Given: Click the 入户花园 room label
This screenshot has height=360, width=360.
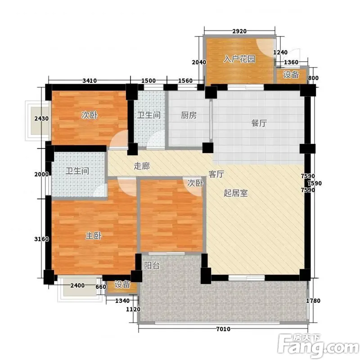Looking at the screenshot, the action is point(239,59).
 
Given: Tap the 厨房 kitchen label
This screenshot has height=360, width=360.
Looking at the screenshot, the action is point(189,115).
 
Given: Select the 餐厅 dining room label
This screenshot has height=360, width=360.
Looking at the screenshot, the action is point(259,123).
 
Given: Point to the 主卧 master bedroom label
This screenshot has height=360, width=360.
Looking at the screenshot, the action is point(94,236).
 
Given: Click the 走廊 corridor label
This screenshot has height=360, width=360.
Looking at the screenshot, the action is point(142,166).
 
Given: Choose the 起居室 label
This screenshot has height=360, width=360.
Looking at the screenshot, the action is point(236,193).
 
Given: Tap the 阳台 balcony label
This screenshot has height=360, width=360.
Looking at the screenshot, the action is point(152,265).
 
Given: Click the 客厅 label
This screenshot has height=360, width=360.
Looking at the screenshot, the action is point(216,174).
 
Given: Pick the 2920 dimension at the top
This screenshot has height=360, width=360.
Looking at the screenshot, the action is point(239,31).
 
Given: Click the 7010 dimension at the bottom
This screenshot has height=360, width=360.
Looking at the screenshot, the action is point(223,329).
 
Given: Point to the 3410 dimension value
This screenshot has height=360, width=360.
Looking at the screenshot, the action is point(90,81).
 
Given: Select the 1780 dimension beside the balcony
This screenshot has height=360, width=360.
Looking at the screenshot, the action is point(313,301).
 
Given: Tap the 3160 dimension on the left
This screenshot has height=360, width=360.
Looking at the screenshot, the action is point(41,239).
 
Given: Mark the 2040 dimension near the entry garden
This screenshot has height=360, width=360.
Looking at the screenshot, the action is point(199,62).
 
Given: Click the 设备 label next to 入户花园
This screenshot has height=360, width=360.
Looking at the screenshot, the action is point(291,75).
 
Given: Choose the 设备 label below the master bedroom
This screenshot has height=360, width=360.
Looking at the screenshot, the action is point(122,284).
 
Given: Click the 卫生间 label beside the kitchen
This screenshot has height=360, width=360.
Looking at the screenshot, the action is point(149,115).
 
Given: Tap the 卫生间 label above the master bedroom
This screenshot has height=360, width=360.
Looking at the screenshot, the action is point(77,171).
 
